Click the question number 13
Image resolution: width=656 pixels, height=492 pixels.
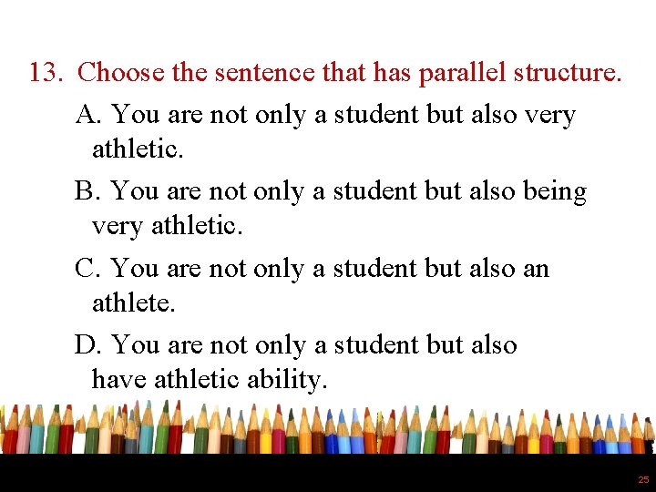(x=45, y=72)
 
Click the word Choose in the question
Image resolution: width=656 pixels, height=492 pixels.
(x=120, y=72)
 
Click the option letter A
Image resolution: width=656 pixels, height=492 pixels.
(x=87, y=116)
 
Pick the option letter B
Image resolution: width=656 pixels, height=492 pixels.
(x=87, y=192)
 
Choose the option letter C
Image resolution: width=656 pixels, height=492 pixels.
(x=87, y=269)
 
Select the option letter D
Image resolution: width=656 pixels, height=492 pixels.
(x=87, y=345)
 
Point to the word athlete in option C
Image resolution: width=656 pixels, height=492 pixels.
(x=133, y=302)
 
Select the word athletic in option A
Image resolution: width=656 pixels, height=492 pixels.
(x=138, y=149)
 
